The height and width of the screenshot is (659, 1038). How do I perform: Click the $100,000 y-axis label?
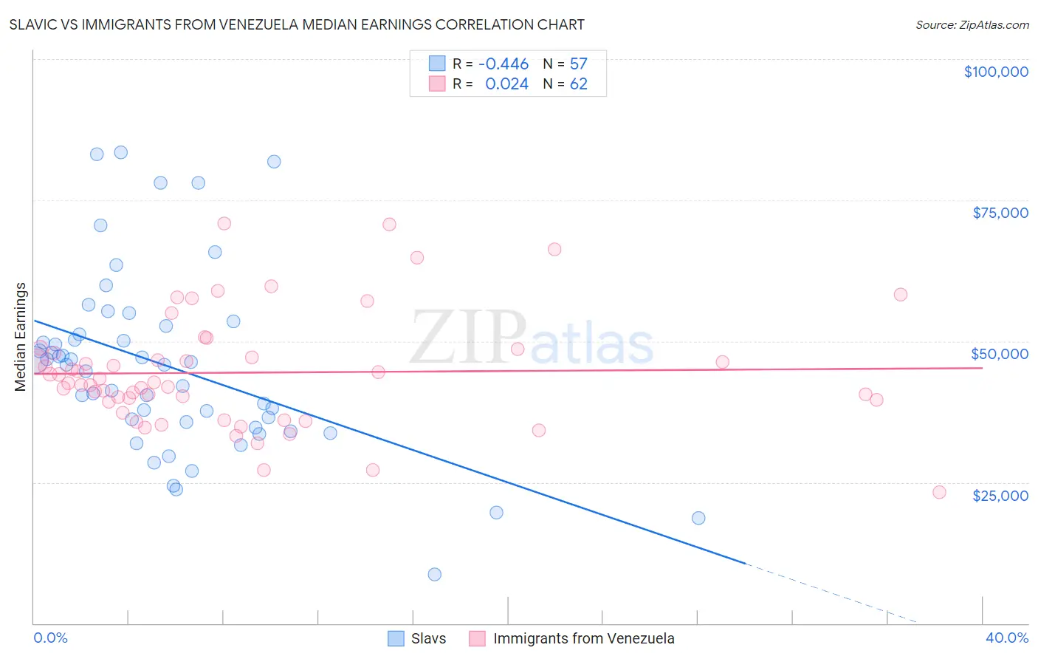click(995, 72)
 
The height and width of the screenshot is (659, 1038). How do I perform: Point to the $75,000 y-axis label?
click(1000, 213)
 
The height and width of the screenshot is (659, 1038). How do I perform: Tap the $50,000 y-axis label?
click(999, 354)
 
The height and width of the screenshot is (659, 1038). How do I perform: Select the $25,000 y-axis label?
click(1000, 495)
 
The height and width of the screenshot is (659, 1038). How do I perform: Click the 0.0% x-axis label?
click(50, 638)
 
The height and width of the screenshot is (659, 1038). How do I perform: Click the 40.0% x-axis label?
click(1006, 638)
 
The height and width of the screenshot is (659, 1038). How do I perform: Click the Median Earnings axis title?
click(21, 336)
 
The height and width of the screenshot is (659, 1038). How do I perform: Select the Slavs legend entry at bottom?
click(428, 638)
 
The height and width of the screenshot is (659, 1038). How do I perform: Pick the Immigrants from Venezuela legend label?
click(583, 638)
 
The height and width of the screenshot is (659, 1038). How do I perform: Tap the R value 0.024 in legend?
click(506, 84)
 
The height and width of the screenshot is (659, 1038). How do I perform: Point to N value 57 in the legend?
click(578, 64)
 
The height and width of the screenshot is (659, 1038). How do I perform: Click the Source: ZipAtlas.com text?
click(972, 25)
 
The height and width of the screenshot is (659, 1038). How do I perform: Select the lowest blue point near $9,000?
click(434, 574)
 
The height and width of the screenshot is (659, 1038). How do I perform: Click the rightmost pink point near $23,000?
click(939, 492)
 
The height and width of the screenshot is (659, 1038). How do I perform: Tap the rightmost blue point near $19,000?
click(698, 518)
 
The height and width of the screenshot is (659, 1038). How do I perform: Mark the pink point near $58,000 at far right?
click(900, 294)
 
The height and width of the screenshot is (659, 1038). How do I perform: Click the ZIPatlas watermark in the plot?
click(532, 338)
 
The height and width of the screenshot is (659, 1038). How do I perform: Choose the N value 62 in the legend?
click(578, 84)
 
